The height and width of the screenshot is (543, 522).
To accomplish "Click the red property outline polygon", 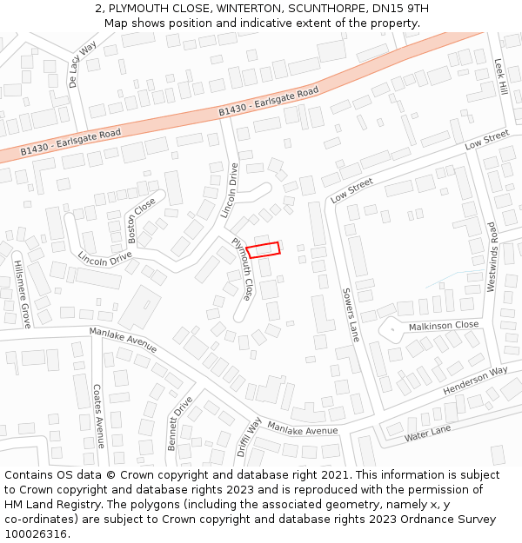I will (x=263, y=250).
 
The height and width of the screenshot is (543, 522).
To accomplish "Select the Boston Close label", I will (x=141, y=220).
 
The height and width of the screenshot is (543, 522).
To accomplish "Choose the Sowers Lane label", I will (x=350, y=314).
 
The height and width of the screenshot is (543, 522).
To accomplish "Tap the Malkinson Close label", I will (x=444, y=325).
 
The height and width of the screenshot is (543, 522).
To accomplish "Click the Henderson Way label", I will (x=474, y=381).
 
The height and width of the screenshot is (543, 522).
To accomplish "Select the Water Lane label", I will (x=427, y=433).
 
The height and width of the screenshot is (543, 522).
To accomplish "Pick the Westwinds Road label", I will (x=492, y=255).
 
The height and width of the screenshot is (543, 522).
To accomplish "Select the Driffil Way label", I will (x=249, y=438).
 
